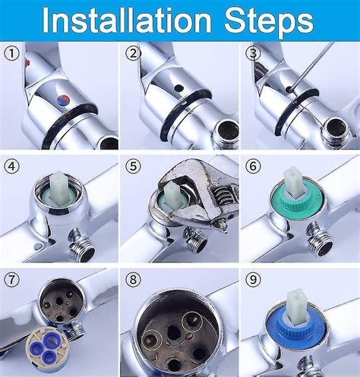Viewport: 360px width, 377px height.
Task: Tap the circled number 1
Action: point(11,54)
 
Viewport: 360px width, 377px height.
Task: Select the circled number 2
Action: point(132,54)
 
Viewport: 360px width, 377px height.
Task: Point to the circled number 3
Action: point(252,54)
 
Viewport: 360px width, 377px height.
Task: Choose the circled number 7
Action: point(11,278)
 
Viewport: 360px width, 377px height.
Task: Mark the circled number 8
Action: point(132,278)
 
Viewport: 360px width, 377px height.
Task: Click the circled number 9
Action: point(252,278)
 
